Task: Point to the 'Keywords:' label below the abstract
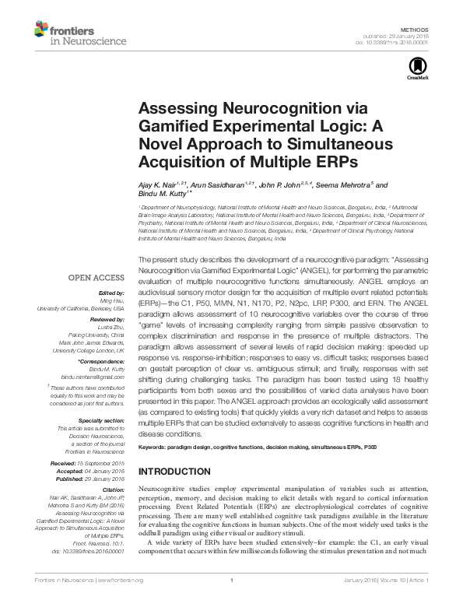[x=155, y=447]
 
